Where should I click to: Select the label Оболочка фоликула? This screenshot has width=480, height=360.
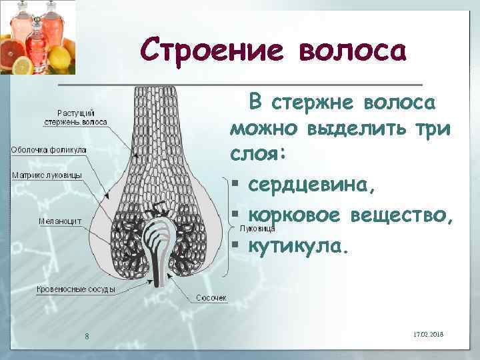[x=49, y=150]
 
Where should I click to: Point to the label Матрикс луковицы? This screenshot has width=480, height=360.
[x=47, y=175]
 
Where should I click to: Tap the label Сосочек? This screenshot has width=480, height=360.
[x=211, y=297]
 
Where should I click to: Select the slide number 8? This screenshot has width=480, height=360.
[x=87, y=335]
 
